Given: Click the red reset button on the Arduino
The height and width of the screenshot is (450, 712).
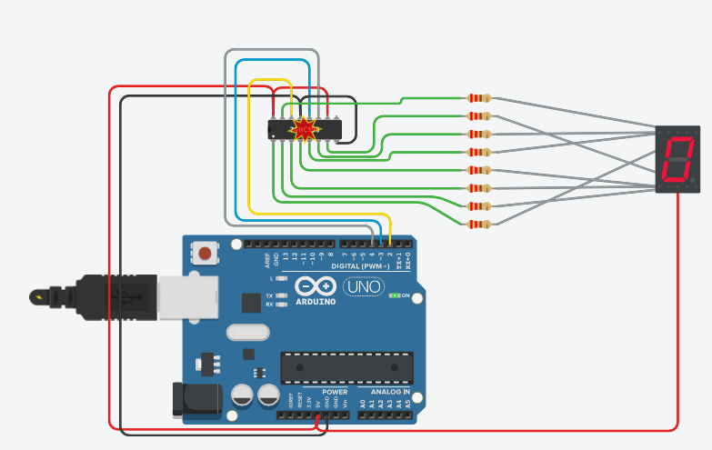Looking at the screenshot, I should click(x=206, y=253).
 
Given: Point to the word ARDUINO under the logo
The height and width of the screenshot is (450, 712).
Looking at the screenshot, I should click(x=315, y=301).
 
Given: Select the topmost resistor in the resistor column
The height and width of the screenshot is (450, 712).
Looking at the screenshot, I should click(x=478, y=98).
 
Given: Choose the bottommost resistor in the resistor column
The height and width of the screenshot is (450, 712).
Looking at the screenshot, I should click(x=478, y=224).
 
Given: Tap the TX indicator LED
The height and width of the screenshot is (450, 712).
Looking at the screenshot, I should click(x=280, y=296).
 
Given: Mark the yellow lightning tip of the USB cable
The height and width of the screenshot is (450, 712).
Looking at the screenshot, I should click(x=39, y=296).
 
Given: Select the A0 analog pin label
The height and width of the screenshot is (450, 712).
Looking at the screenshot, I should click(x=363, y=402).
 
